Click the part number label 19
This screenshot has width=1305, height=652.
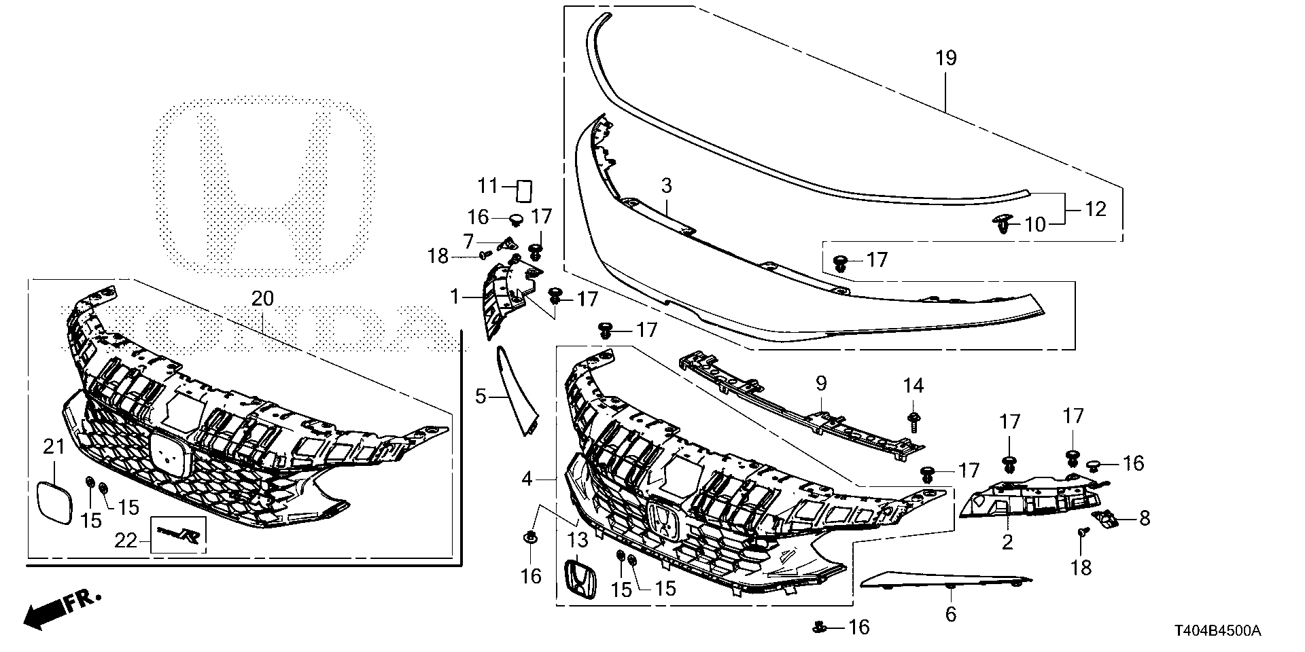[945, 58]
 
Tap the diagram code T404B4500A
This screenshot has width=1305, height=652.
[1218, 631]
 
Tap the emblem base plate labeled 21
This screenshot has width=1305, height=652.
[54, 503]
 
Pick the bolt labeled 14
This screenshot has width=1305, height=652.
[913, 420]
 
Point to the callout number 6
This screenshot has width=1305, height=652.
[950, 615]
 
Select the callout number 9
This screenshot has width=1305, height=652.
[821, 384]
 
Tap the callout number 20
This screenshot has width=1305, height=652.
[262, 298]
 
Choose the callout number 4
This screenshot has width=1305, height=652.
[527, 479]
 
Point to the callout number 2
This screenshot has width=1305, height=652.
[1007, 541]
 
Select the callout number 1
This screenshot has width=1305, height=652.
[453, 297]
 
